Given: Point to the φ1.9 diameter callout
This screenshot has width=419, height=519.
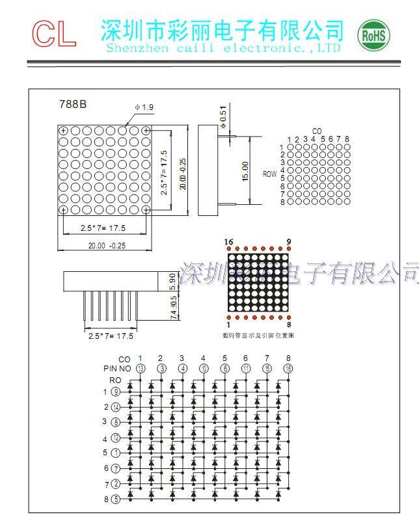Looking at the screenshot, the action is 144,107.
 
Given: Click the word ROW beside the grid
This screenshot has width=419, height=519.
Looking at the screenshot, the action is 269,174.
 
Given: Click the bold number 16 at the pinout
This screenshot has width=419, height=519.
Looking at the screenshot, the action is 229,243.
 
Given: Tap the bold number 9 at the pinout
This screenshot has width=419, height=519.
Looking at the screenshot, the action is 288,243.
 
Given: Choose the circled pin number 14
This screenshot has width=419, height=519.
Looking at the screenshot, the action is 116,407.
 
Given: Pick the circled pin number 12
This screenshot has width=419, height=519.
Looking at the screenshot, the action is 116,438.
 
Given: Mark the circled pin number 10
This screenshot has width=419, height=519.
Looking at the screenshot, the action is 203,369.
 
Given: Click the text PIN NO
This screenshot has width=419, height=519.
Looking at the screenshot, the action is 117,369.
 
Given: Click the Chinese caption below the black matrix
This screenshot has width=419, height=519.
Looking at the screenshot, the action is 258,335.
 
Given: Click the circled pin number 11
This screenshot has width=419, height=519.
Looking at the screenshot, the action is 245,369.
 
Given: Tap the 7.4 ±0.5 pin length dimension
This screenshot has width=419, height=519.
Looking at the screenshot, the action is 172,308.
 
